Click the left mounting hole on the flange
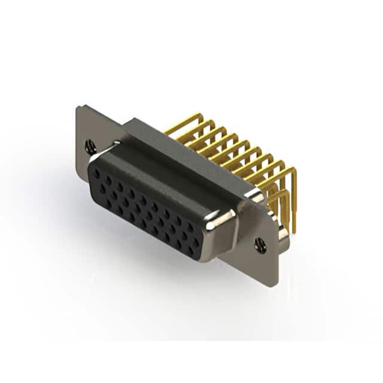90,145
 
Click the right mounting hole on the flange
260,244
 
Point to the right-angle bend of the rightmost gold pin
293,171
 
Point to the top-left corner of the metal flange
78,107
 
